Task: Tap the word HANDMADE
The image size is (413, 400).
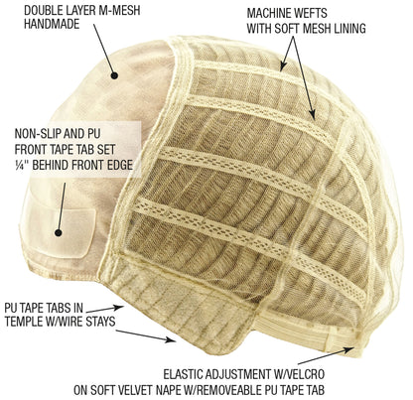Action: point(52,24)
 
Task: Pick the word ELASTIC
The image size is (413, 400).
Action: point(183,374)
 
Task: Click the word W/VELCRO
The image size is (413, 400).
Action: point(298,374)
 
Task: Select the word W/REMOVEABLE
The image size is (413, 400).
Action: point(222,390)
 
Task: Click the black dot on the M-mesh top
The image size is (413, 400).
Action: point(114,75)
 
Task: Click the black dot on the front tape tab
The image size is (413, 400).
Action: point(59,232)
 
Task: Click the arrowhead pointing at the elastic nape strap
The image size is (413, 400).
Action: point(349,349)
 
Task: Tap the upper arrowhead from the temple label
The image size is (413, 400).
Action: point(120,308)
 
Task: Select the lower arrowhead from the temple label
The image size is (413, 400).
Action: point(171,339)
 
